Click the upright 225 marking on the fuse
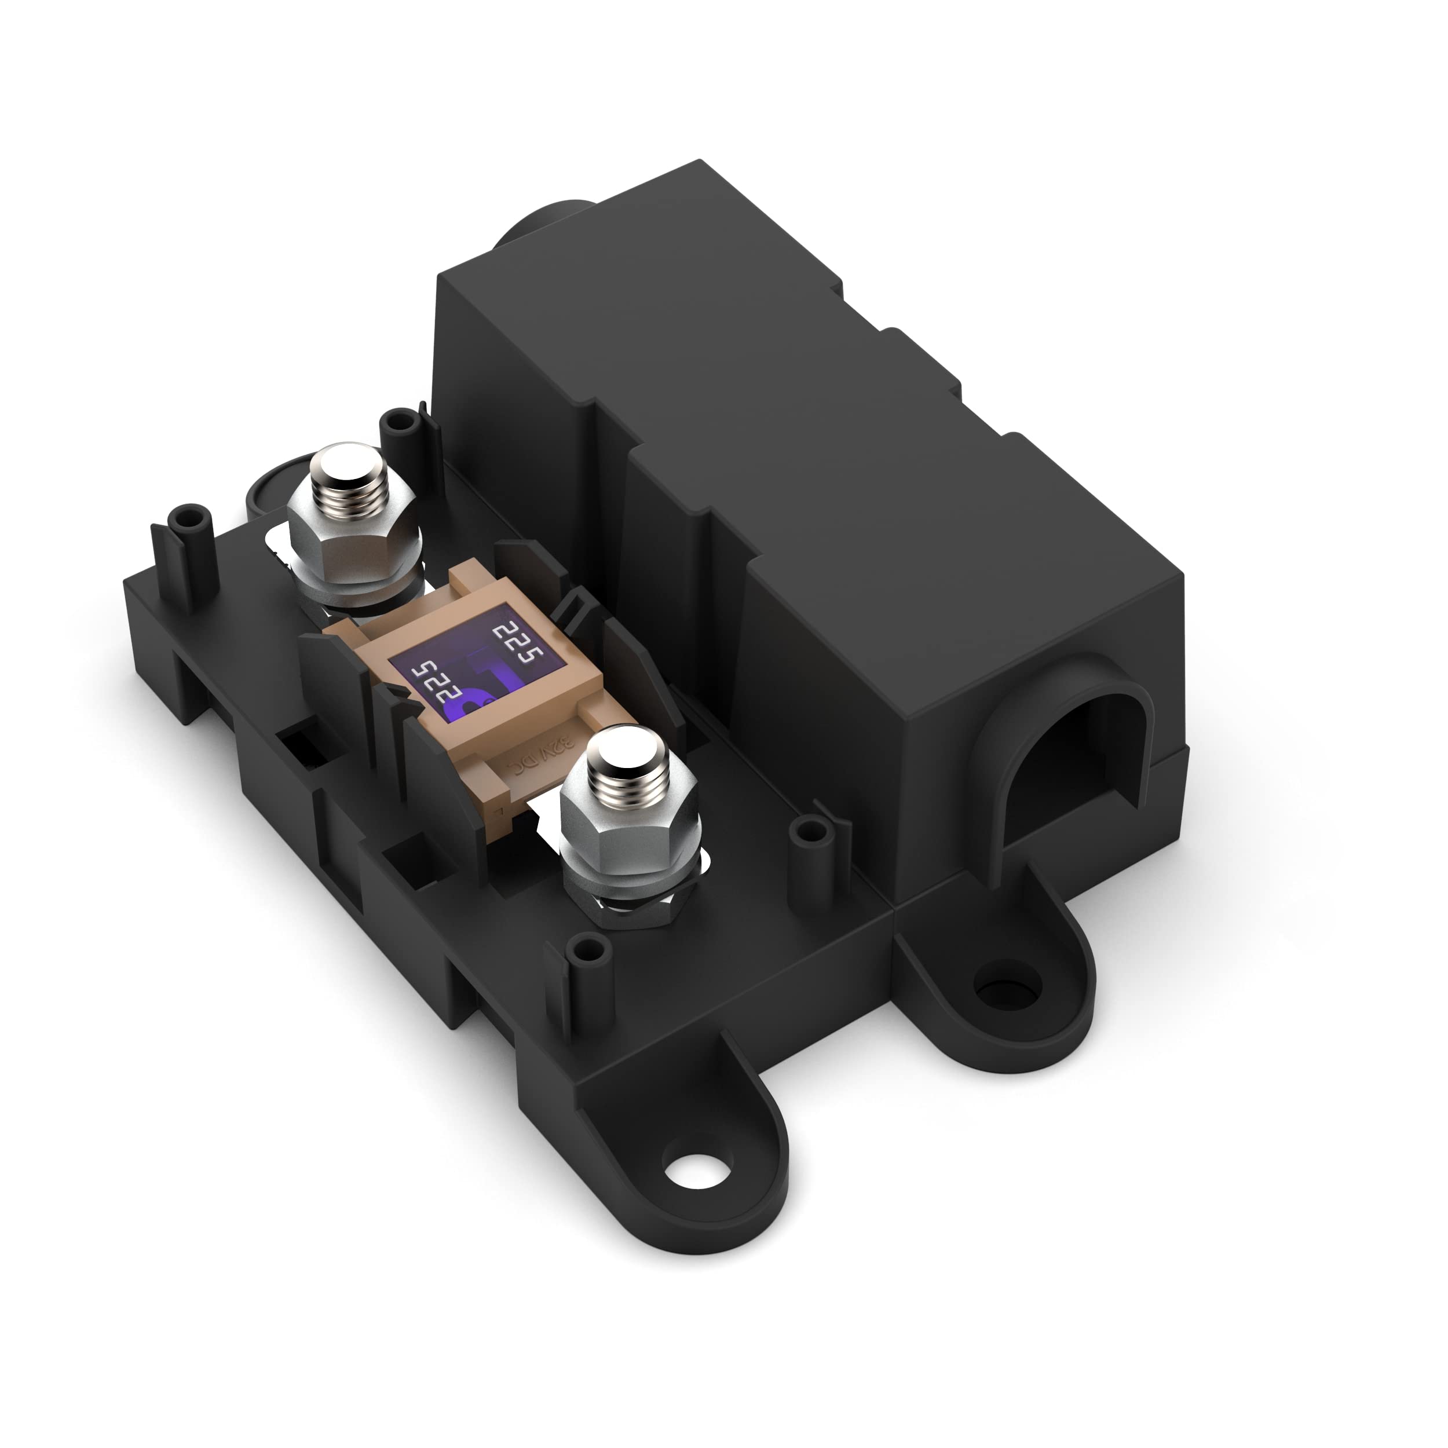coord(517,643)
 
